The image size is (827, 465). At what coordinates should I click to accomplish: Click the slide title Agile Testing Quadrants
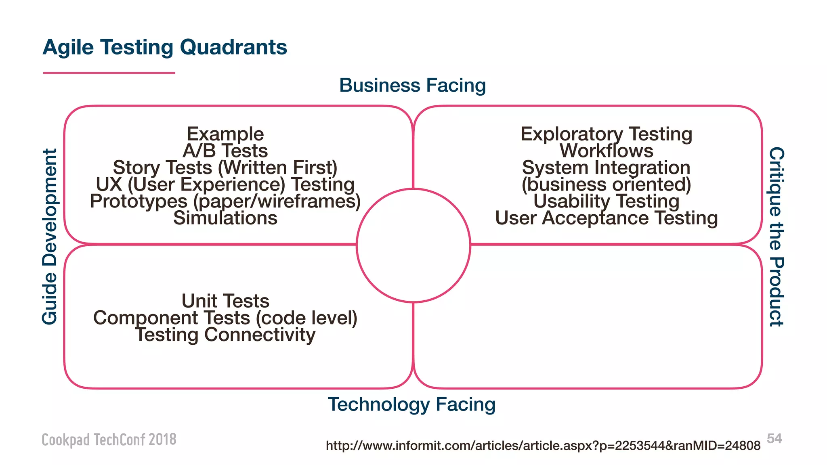tap(165, 47)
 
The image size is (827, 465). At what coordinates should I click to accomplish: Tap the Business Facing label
tap(412, 86)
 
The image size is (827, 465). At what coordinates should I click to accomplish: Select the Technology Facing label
tap(411, 404)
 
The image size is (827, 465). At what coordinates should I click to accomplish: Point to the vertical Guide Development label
tap(50, 236)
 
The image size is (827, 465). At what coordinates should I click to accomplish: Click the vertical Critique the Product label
tap(776, 237)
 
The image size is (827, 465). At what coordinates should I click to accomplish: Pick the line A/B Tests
tap(225, 151)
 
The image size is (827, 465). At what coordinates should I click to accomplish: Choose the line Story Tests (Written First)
tap(225, 168)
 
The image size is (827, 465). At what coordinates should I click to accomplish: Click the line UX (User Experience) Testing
tap(225, 184)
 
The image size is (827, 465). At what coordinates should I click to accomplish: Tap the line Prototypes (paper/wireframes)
tap(225, 201)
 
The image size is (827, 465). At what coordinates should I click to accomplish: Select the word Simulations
tap(225, 218)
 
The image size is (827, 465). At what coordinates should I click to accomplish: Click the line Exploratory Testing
tap(606, 134)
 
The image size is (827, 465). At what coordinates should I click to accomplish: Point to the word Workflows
tap(606, 151)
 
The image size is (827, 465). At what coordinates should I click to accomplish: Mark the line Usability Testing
tap(606, 201)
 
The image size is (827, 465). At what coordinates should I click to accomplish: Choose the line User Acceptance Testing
tap(606, 218)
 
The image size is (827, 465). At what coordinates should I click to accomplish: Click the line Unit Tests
tap(225, 301)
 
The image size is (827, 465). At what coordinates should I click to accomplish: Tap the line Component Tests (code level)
tap(225, 318)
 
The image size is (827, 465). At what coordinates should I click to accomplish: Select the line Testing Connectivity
tap(225, 335)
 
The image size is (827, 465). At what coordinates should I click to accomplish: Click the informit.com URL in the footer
tap(543, 446)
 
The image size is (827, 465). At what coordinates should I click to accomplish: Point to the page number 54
tap(774, 438)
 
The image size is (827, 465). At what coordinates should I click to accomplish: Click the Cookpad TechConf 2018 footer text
tap(109, 440)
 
